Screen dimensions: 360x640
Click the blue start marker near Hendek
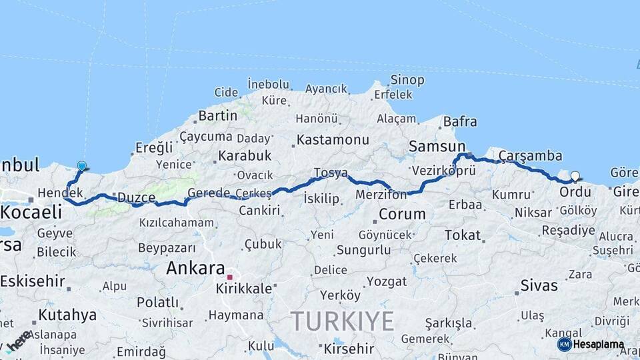81,165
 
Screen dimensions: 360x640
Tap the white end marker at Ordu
575,177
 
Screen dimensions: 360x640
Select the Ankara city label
195,269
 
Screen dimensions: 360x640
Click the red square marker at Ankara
230,277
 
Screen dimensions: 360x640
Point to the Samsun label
437,146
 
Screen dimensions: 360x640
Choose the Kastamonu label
333,140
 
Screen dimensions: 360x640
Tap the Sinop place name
407,80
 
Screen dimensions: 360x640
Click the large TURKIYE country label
342,321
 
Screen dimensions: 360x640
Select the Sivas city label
539,285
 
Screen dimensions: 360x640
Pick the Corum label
402,214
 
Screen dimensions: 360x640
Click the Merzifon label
381,195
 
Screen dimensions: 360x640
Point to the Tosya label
331,173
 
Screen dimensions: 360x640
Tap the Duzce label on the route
136,198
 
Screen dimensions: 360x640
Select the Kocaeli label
31,212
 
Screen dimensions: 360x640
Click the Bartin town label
217,115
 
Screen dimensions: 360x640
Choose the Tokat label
463,235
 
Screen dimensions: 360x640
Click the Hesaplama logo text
599,344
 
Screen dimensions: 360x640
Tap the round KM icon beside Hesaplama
564,344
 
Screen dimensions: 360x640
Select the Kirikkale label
244,289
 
